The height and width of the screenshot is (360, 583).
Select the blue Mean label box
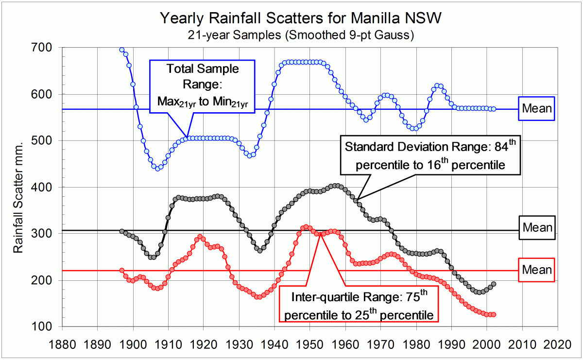[x=537, y=108]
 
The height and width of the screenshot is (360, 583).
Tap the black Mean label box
[x=537, y=227]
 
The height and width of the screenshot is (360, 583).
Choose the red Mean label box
[x=537, y=270]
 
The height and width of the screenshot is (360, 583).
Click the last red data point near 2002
[x=494, y=315]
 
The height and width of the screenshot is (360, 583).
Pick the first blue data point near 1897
[x=122, y=50]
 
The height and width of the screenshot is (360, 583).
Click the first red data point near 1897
[x=122, y=271]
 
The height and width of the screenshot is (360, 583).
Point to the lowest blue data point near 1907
[x=157, y=169]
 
